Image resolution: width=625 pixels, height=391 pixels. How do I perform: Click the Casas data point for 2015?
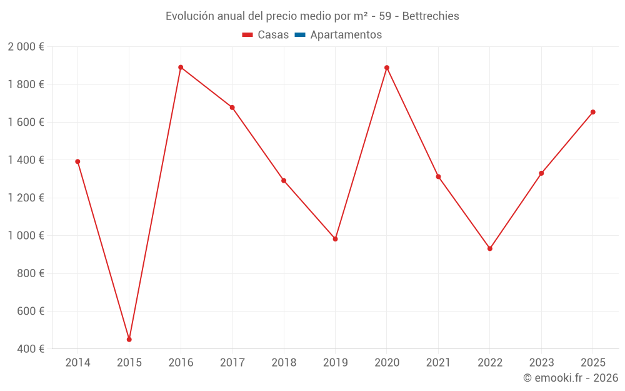129,340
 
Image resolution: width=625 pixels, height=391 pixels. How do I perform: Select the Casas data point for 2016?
181,68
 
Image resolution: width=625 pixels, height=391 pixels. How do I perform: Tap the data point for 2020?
387,68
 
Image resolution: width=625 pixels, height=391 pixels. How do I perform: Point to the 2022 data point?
490,249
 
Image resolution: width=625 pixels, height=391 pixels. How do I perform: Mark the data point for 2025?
593,113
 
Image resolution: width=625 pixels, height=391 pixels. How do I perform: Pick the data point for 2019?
336,239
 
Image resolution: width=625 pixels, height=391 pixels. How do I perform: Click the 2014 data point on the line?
77,161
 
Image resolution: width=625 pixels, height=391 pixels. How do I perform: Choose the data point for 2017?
232,108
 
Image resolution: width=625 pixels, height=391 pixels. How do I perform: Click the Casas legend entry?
266,35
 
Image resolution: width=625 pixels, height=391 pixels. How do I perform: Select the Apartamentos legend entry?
338,35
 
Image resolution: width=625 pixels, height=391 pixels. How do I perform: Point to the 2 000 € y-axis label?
26,47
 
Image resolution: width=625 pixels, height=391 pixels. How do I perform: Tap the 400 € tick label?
31,349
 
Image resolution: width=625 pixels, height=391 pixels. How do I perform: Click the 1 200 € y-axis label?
26,198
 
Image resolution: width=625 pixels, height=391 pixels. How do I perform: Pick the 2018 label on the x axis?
284,363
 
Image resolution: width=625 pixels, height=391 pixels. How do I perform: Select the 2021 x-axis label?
438,363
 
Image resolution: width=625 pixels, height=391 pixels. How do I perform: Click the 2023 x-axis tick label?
541,363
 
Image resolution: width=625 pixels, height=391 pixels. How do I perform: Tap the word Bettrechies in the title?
431,16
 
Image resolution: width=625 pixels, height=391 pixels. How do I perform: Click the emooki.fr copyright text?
570,378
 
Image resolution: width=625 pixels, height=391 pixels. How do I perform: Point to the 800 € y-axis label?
31,273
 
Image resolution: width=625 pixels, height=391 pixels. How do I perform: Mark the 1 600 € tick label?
26,123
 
